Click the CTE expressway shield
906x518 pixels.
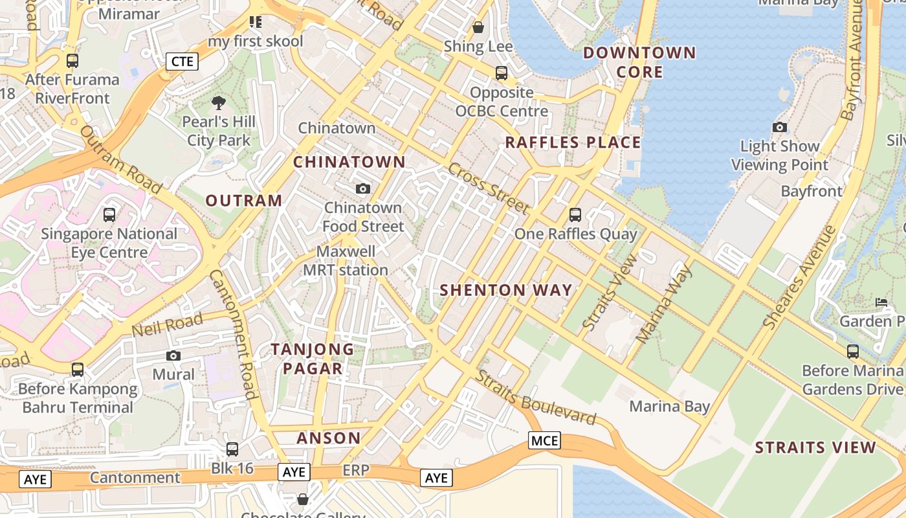point(182,62)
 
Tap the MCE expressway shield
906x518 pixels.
point(544,441)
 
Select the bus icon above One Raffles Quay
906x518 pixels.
point(575,215)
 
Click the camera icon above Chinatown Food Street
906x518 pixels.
point(363,188)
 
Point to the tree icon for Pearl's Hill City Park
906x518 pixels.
point(219,102)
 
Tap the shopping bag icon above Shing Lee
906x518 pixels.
point(478,27)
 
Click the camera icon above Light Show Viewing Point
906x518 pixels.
point(780,128)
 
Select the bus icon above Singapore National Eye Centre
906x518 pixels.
point(109,214)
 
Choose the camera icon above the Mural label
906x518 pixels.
point(173,355)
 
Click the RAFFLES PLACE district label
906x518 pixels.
point(573,142)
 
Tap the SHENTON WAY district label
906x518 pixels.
point(506,290)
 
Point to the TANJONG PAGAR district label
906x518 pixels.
point(313,359)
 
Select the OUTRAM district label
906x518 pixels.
point(244,201)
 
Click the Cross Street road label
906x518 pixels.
point(489,188)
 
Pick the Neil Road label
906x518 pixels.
point(167,324)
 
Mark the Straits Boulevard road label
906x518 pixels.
point(536,398)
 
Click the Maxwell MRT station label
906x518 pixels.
point(346,261)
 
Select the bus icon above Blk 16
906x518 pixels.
point(232,449)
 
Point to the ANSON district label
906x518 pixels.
point(329,438)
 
